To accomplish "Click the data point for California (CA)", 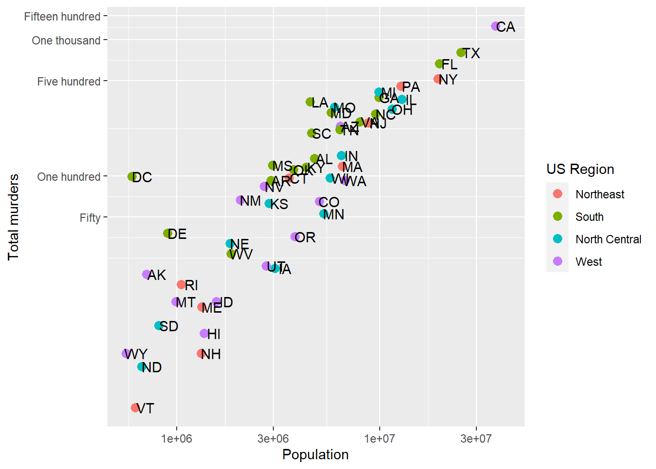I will click(x=495, y=26).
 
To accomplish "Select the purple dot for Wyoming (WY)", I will click(x=126, y=353).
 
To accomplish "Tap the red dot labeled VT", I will click(x=135, y=407).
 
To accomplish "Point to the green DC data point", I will click(x=132, y=177).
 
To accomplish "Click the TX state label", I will click(x=471, y=53).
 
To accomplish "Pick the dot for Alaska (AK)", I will click(x=146, y=275).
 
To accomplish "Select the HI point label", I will click(x=214, y=334).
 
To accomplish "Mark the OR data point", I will click(x=295, y=237).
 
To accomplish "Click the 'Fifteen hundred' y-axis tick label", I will click(x=62, y=17).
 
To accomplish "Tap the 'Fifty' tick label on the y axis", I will click(x=90, y=218).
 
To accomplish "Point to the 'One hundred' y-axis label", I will click(x=69, y=177).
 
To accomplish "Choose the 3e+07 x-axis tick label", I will click(x=476, y=438).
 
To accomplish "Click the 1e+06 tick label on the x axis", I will click(x=177, y=438).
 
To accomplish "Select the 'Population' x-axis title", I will click(x=315, y=454).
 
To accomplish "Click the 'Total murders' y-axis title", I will click(x=13, y=217).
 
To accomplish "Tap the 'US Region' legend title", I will click(x=580, y=169).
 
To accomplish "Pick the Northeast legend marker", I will click(x=557, y=194).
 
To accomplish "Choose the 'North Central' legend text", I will click(x=608, y=239).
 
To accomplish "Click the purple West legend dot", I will click(x=557, y=261).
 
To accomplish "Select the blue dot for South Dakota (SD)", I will click(x=159, y=326).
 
